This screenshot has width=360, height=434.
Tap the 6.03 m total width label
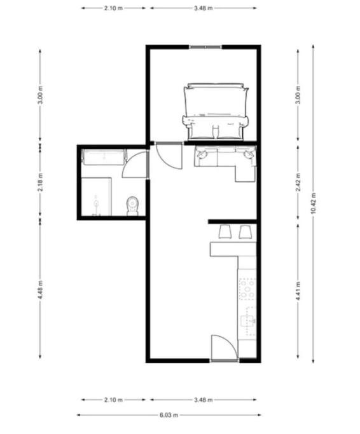pyautogui.click(x=169, y=415)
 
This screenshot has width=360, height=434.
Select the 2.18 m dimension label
pyautogui.click(x=41, y=182)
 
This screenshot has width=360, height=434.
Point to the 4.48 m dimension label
pyautogui.click(x=41, y=290)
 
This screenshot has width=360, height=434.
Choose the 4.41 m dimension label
pyautogui.click(x=298, y=290)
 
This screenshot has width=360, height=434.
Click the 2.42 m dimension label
pyautogui.click(x=298, y=182)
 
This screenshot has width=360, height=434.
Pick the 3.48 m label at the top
pyautogui.click(x=203, y=8)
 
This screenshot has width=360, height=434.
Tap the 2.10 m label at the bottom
pyautogui.click(x=113, y=400)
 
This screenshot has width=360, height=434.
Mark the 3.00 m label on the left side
pyautogui.click(x=41, y=95)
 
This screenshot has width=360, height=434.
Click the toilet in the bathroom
pyautogui.click(x=132, y=206)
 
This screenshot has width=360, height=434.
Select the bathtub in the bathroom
pyautogui.click(x=104, y=157)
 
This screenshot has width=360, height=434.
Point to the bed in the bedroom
pyautogui.click(x=216, y=111)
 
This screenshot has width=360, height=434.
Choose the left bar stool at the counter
pyautogui.click(x=225, y=232)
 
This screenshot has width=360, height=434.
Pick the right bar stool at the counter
pyautogui.click(x=246, y=232)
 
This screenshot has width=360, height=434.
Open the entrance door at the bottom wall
pyautogui.click(x=224, y=348)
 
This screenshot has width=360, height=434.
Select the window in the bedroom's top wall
pyautogui.click(x=205, y=47)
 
